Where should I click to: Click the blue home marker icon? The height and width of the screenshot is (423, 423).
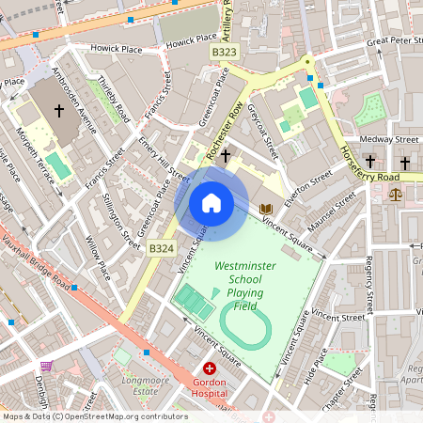click(x=211, y=202)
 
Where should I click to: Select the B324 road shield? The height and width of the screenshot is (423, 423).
click(x=162, y=248)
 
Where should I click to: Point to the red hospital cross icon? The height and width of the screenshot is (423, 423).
click(x=209, y=369)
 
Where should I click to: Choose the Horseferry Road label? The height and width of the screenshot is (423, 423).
click(x=370, y=165)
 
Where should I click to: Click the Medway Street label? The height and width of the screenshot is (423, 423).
click(x=394, y=139)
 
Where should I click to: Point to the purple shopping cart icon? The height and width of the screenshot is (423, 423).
click(x=47, y=367)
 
